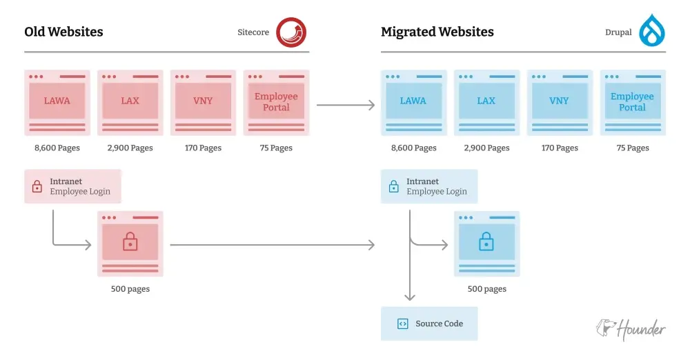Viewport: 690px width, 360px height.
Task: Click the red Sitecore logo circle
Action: click(x=291, y=32)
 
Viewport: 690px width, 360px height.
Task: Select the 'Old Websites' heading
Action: click(x=63, y=32)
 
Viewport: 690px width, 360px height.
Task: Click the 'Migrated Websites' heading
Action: click(x=437, y=32)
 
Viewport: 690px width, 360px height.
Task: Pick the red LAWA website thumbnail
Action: click(x=57, y=102)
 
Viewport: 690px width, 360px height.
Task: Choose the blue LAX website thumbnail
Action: click(x=486, y=102)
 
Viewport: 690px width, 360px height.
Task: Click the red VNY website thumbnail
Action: click(x=203, y=102)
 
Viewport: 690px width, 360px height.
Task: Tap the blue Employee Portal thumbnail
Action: click(x=632, y=102)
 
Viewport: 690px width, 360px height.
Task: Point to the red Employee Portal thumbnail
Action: click(x=276, y=102)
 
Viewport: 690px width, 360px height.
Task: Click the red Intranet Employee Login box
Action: click(x=72, y=186)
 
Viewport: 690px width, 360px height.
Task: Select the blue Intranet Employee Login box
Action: click(x=428, y=186)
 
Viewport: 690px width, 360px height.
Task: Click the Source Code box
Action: click(x=428, y=323)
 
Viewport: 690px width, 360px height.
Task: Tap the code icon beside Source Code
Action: click(x=402, y=323)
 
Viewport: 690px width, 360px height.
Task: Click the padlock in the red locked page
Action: click(x=130, y=241)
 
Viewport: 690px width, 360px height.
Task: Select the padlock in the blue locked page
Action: click(x=486, y=241)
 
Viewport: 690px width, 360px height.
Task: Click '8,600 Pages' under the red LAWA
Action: click(x=57, y=148)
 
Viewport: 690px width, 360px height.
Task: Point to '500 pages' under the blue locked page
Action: click(x=486, y=289)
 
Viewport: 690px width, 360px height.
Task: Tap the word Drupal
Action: click(x=618, y=32)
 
